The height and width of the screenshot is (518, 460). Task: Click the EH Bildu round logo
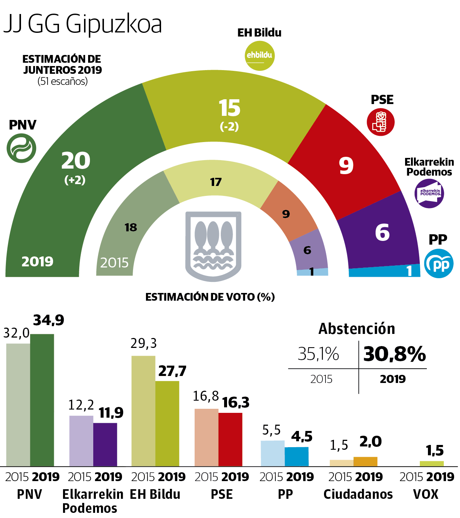pyautogui.click(x=260, y=55)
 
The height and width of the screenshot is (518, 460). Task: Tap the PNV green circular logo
pyautogui.click(x=22, y=148)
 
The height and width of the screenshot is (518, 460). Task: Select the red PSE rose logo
pyautogui.click(x=381, y=122)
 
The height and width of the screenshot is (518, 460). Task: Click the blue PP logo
pyautogui.click(x=439, y=263)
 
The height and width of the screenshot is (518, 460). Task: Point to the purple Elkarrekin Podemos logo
pyautogui.click(x=429, y=193)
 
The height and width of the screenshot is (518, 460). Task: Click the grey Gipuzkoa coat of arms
pyautogui.click(x=213, y=246)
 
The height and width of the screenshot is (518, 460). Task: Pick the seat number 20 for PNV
pyautogui.click(x=76, y=161)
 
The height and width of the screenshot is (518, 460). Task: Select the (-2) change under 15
pyautogui.click(x=229, y=127)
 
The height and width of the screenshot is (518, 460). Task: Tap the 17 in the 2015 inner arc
pyautogui.click(x=216, y=182)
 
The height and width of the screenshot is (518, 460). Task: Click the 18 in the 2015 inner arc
pyautogui.click(x=131, y=227)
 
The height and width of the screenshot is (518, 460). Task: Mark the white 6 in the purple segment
pyautogui.click(x=382, y=232)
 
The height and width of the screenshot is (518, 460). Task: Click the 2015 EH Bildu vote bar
pyautogui.click(x=143, y=411)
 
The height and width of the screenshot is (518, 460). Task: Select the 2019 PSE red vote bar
pyautogui.click(x=230, y=439)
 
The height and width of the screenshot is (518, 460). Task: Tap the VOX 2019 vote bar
pyautogui.click(x=432, y=463)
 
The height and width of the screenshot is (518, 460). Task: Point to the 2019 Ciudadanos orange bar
pyautogui.click(x=365, y=462)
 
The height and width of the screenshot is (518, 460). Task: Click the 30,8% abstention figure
pyautogui.click(x=394, y=354)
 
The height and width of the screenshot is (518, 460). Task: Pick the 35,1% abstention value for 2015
pyautogui.click(x=318, y=354)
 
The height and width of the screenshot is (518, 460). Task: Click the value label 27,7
pyautogui.click(x=172, y=371)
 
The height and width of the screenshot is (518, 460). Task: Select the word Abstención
pyautogui.click(x=356, y=329)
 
